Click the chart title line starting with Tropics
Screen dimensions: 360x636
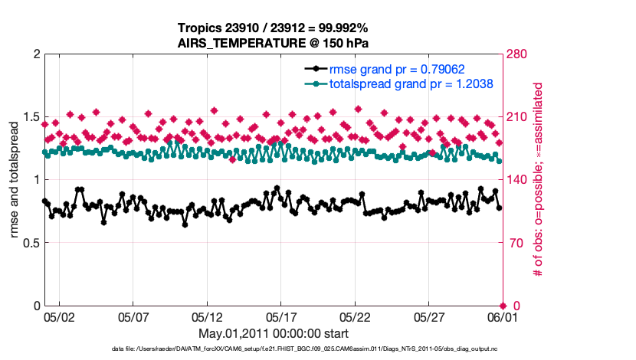point(274,29)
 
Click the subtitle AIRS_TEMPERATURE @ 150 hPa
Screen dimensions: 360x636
point(274,43)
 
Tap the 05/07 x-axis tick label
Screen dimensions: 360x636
point(133,316)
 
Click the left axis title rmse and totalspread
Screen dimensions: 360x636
point(14,180)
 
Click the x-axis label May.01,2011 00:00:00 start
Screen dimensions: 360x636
point(274,333)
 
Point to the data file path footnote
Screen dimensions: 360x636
point(304,349)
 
